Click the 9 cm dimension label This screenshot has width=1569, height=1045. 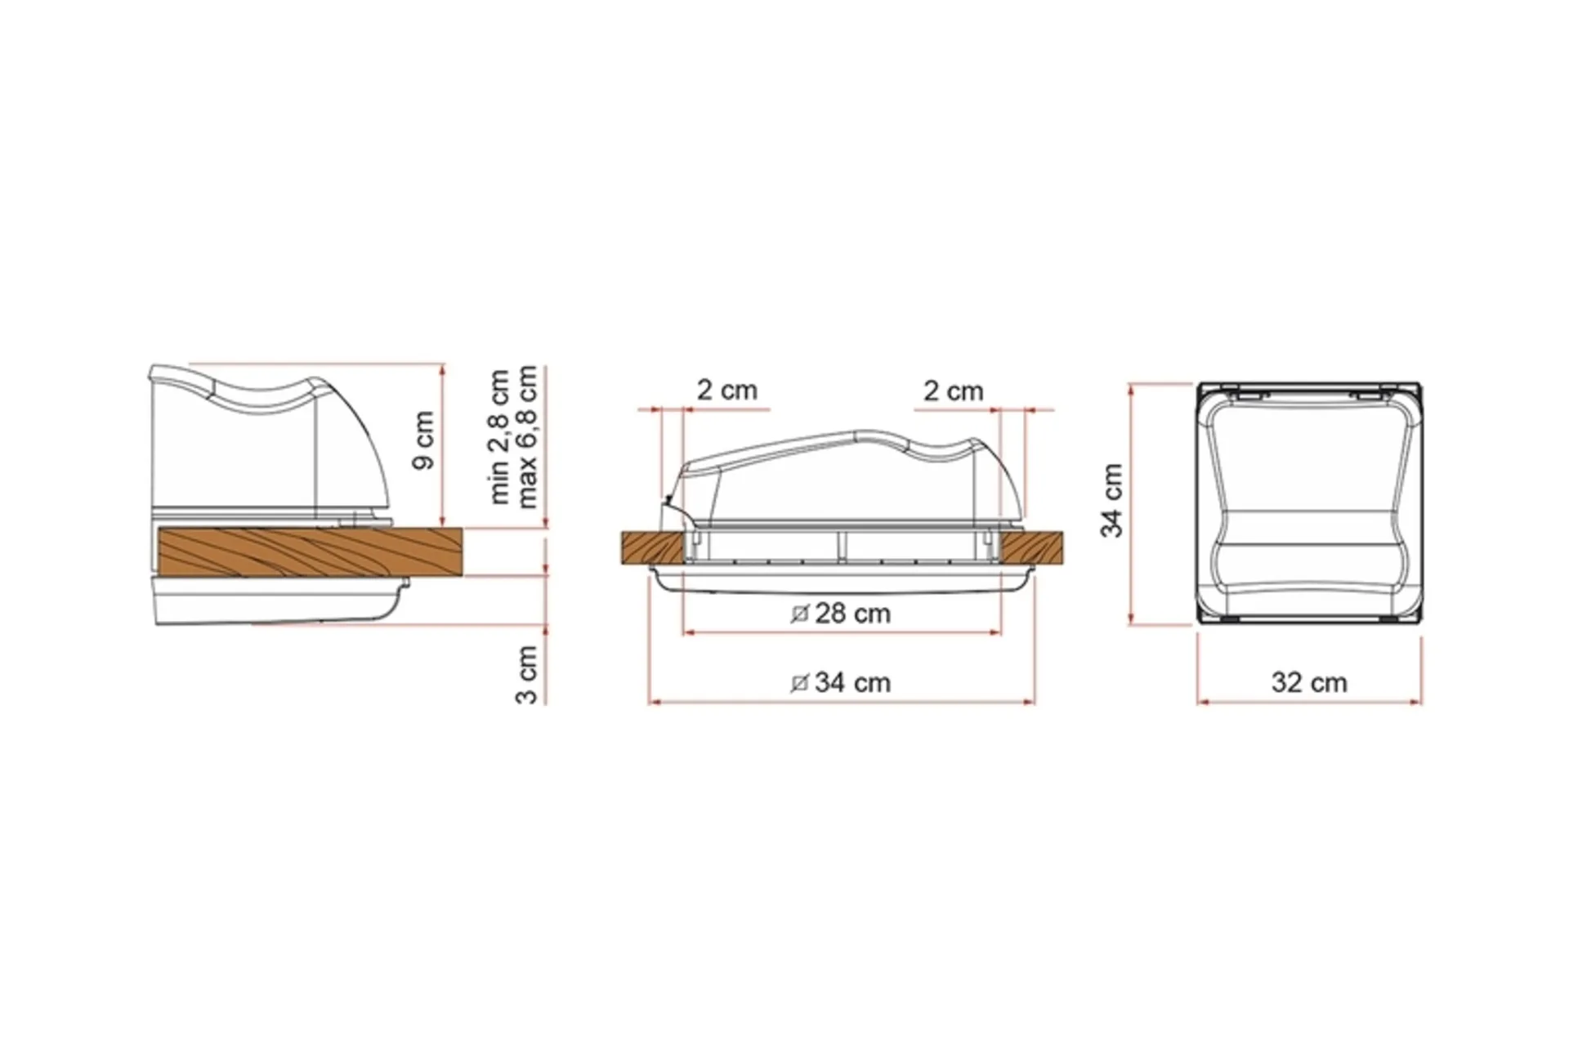pos(424,440)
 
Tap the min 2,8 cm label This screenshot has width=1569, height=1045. pos(499,437)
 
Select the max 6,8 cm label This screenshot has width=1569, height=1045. pos(527,436)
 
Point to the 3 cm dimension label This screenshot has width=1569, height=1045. pos(527,674)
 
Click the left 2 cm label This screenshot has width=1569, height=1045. pos(727,390)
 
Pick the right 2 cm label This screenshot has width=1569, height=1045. pos(954,391)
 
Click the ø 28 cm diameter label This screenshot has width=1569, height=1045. pos(841,613)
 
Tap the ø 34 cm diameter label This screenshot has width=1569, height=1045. pos(841,681)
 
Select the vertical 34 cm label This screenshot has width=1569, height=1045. pos(1111,500)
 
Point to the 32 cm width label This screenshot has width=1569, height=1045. pos(1309,681)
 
